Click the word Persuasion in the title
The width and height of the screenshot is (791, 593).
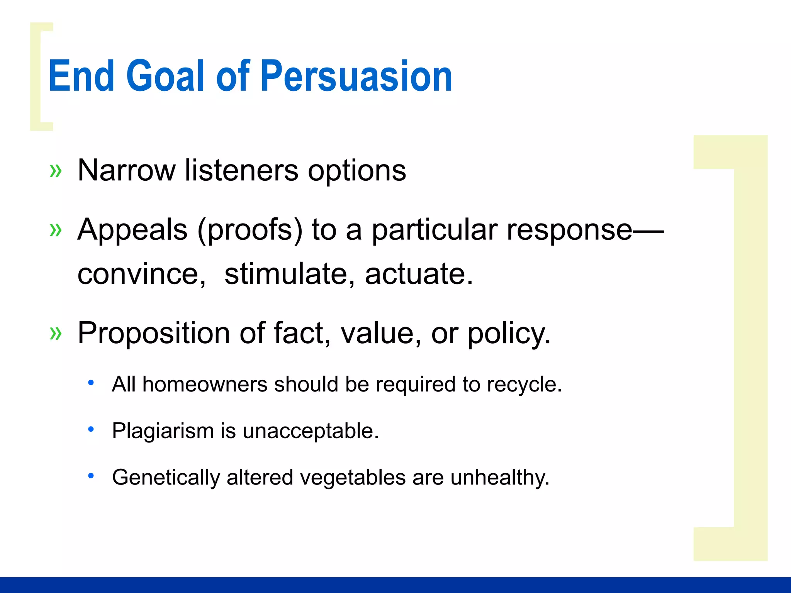356,76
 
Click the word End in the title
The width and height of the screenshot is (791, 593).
81,76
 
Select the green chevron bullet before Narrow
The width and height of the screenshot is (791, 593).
56,171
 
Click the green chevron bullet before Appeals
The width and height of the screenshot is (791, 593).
56,230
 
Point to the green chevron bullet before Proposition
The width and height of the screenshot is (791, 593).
56,333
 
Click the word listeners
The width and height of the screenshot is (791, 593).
241,170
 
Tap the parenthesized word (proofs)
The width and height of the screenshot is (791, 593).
250,230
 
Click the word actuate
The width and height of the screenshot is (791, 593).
419,274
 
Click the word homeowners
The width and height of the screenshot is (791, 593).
205,385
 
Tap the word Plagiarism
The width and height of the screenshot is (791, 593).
163,431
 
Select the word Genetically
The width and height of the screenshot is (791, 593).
166,478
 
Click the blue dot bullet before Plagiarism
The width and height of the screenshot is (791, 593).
91,429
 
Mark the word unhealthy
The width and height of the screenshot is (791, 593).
500,478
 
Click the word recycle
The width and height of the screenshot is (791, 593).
524,385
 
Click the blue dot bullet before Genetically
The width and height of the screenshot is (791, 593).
91,476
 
